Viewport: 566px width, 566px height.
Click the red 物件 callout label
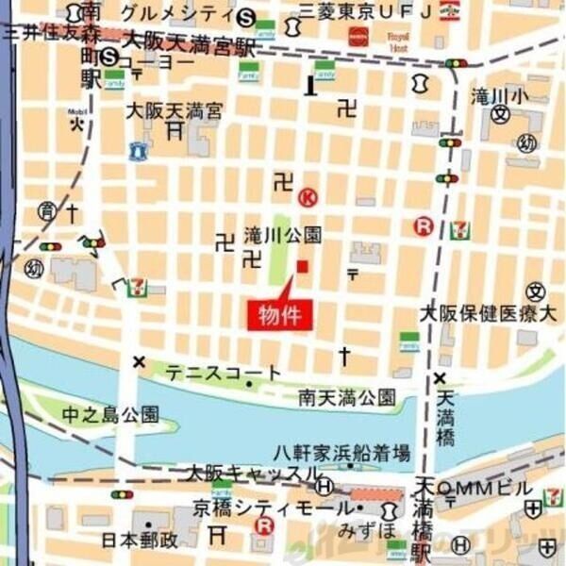[x=279, y=315]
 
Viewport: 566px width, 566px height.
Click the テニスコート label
[x=223, y=374]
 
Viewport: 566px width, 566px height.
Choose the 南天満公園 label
[x=346, y=397]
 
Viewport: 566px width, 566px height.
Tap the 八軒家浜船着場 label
[x=342, y=450]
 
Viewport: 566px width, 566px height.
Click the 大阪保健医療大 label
[x=489, y=313]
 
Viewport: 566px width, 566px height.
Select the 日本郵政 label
[x=141, y=541]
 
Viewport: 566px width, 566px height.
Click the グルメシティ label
[x=176, y=13]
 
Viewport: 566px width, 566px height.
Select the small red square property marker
[x=302, y=267]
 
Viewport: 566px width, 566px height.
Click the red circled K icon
[x=308, y=198]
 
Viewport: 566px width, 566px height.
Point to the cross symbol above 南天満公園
[x=344, y=357]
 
